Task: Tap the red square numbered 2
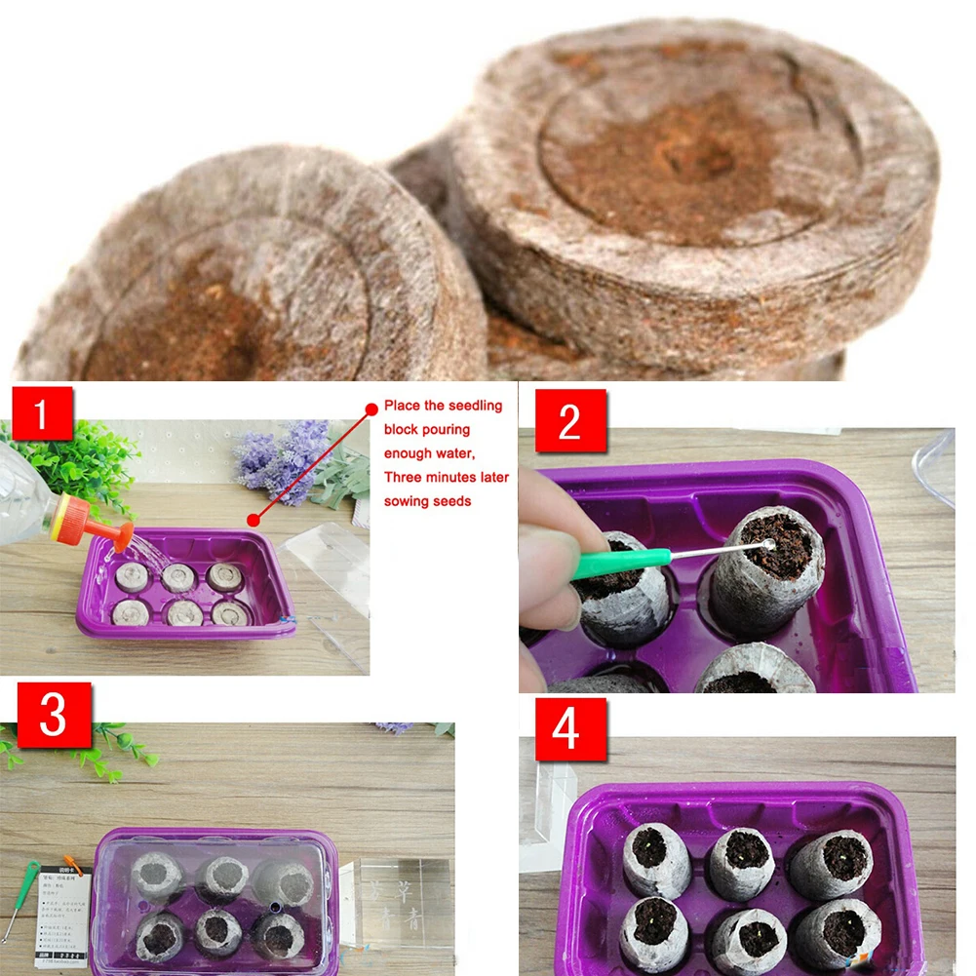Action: [x=570, y=420]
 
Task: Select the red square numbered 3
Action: [x=54, y=715]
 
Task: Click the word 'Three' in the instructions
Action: [x=404, y=477]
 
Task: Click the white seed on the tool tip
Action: [x=770, y=546]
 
